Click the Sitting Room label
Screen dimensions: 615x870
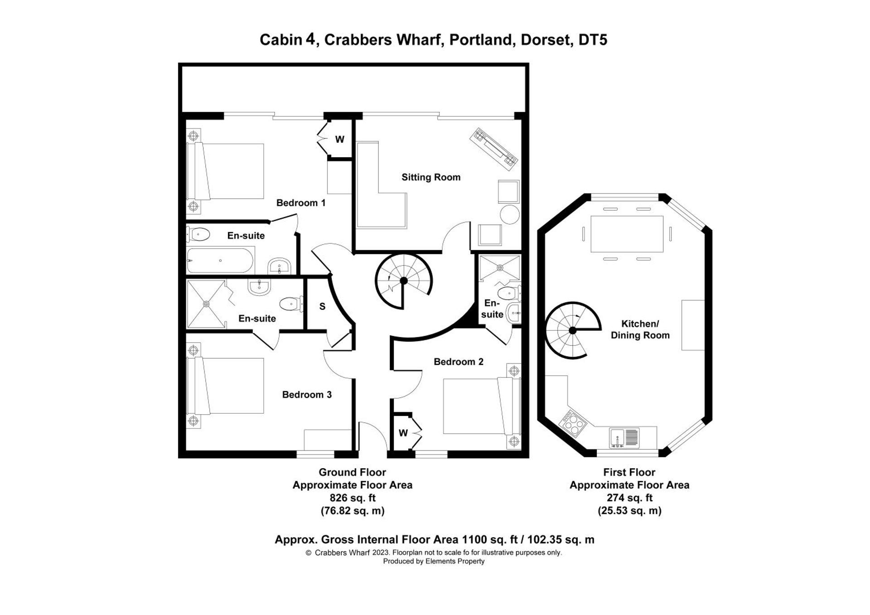[x=430, y=177]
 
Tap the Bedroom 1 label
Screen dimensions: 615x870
[x=301, y=203]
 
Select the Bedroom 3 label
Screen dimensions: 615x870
[x=307, y=394]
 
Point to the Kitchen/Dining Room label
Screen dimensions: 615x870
[x=640, y=329]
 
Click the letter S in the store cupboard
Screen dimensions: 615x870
[x=322, y=306]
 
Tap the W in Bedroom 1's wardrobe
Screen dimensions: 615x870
[x=339, y=139]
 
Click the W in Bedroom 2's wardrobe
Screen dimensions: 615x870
[x=403, y=433]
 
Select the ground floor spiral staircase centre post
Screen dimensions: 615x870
[x=404, y=281]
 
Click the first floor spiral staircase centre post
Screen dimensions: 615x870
[x=572, y=330]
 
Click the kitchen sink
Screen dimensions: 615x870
[x=624, y=438]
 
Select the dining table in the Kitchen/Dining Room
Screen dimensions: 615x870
[x=627, y=234]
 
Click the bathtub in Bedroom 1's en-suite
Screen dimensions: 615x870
[x=220, y=261]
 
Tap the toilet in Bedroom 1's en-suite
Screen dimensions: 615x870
[x=198, y=234]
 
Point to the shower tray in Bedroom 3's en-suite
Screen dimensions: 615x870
[x=206, y=304]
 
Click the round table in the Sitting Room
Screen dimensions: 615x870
[x=509, y=214]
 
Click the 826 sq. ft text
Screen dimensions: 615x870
[x=352, y=498]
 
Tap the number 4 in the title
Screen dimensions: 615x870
[x=310, y=39]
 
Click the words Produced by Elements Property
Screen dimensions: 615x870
[x=434, y=561]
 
